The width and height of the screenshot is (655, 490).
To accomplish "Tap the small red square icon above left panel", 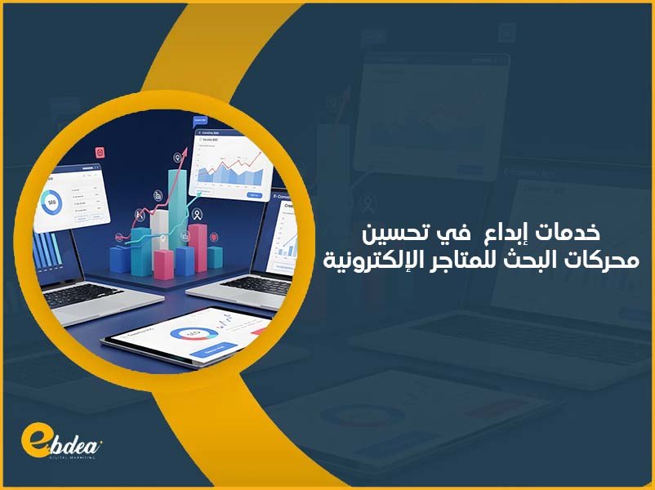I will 100,150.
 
